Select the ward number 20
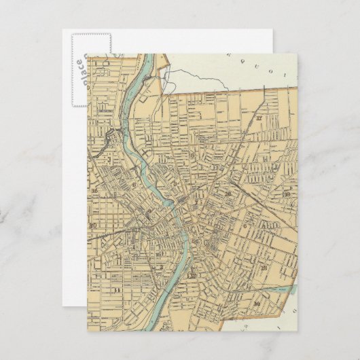[x=93, y=226]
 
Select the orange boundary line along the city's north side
[x=224, y=90]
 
